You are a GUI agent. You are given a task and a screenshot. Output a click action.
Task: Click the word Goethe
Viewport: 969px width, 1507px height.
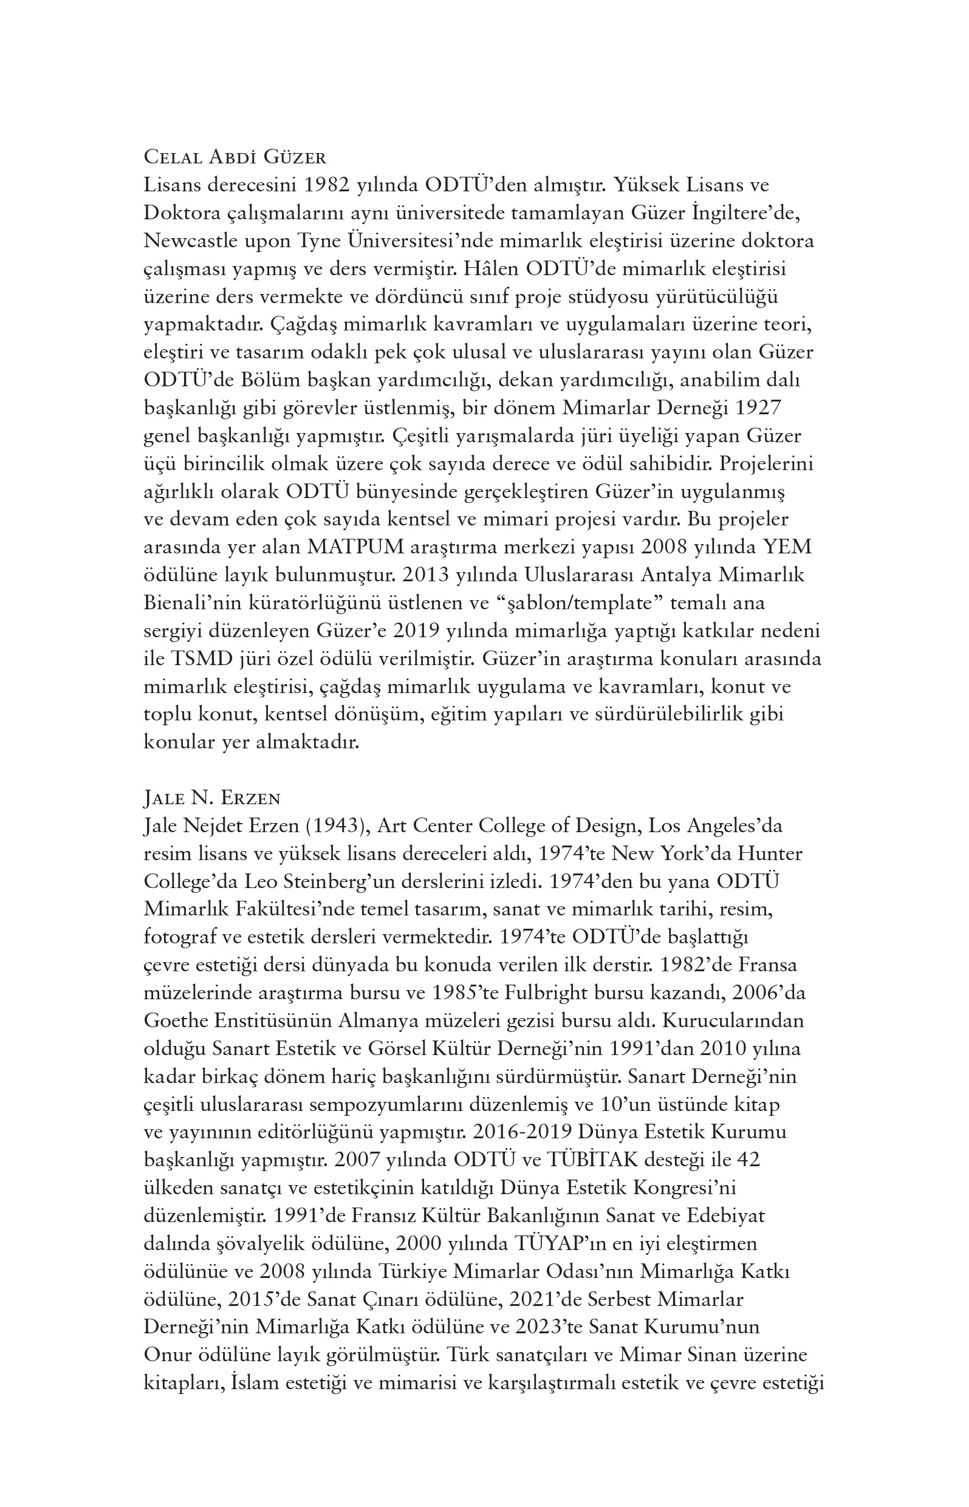point(174,1020)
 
